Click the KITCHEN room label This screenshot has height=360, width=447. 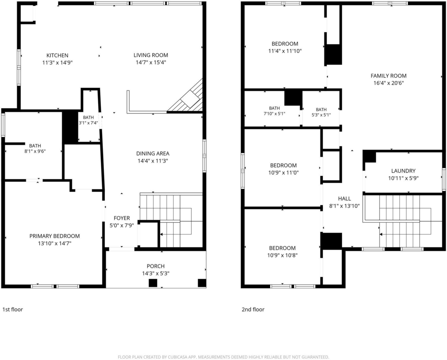(x=57, y=55)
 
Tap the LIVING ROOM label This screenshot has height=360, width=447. (x=151, y=55)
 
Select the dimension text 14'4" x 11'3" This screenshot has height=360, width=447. (x=153, y=161)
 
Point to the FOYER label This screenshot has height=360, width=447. (x=122, y=218)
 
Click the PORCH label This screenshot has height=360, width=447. (x=156, y=266)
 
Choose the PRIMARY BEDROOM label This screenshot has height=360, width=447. (x=55, y=236)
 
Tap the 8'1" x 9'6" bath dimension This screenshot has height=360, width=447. (x=35, y=151)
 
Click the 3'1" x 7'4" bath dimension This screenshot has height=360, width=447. (x=88, y=123)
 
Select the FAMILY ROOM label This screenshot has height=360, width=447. (x=389, y=75)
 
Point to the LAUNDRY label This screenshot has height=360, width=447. (x=403, y=171)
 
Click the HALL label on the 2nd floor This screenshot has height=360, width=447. (x=344, y=199)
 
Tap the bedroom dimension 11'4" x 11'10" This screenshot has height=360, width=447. (x=285, y=51)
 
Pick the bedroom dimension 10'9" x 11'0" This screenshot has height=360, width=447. (x=284, y=172)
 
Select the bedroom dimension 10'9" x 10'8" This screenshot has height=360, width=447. (x=282, y=255)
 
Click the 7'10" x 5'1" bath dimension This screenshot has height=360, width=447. (x=275, y=113)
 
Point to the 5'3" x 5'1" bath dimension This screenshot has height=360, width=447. (x=321, y=115)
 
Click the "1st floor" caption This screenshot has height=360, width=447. (x=13, y=309)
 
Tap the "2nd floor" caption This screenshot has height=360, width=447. (x=253, y=309)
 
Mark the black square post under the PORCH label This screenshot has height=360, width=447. (x=153, y=283)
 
